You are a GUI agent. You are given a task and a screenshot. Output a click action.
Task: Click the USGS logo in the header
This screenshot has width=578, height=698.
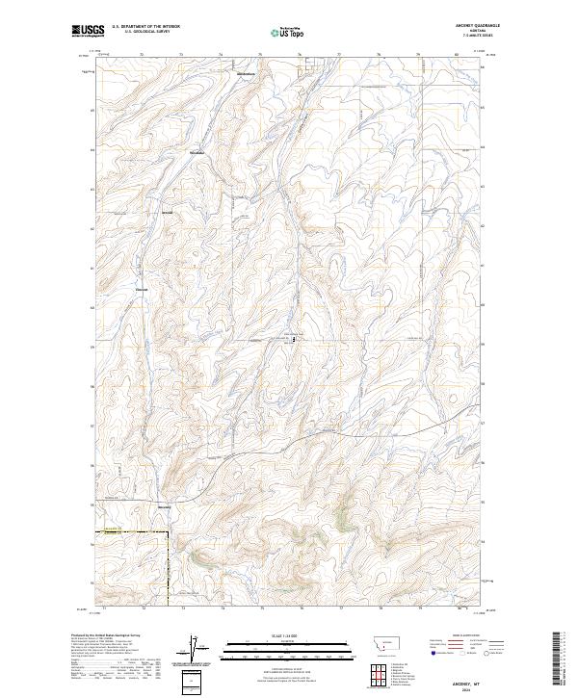point(88,32)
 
